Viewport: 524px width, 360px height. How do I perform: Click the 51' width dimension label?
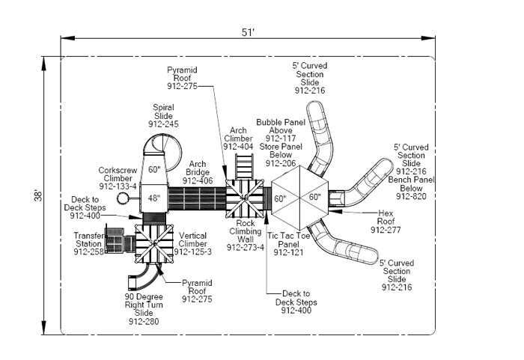[248, 32]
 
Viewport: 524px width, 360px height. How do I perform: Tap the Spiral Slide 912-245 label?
[163, 115]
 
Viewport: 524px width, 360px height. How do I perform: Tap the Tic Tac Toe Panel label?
[288, 244]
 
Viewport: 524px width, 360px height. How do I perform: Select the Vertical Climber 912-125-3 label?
[192, 243]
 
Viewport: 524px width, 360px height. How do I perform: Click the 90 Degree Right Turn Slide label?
[143, 308]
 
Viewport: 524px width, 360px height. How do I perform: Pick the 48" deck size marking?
[153, 198]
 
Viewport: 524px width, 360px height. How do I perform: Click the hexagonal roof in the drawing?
[299, 198]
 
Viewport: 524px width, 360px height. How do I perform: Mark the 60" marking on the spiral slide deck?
[154, 169]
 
